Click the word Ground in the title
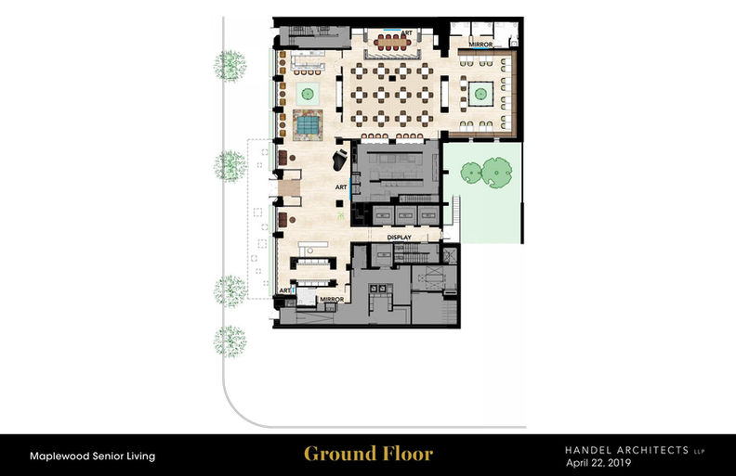point(339,454)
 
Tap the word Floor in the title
point(408,454)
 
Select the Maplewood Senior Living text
point(93,456)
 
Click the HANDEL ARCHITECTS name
point(626,450)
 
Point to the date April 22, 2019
point(598,463)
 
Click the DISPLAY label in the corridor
point(400,238)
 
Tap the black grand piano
point(340,160)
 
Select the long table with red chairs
point(392,43)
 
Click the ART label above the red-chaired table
point(406,32)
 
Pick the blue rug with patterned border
point(308,125)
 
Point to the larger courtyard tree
point(497,172)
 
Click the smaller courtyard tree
point(471,173)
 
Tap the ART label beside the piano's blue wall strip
point(341,187)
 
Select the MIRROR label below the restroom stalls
point(480,45)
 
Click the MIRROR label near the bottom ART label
point(332,300)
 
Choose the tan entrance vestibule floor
point(289,188)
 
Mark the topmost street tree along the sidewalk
point(230,66)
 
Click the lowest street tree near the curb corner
point(230,341)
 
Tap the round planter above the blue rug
point(308,94)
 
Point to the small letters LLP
point(700,452)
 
